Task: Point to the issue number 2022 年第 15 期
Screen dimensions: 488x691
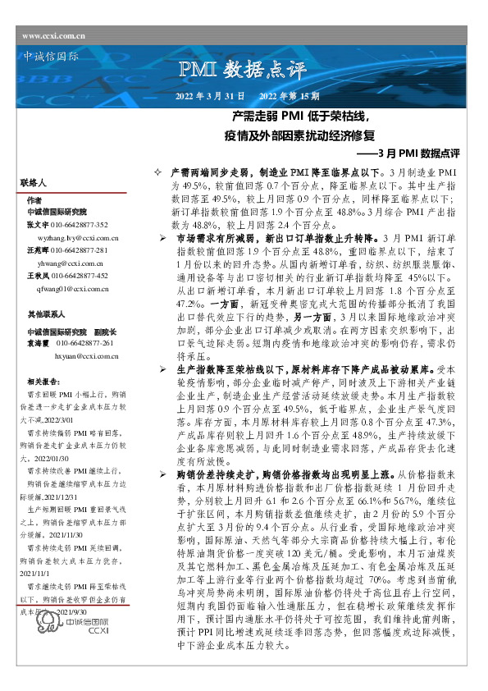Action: [x=278, y=97]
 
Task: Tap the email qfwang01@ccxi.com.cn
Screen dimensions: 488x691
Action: [x=74, y=289]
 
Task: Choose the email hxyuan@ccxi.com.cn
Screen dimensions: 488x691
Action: [x=86, y=356]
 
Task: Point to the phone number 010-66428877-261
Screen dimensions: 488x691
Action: [x=85, y=343]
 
